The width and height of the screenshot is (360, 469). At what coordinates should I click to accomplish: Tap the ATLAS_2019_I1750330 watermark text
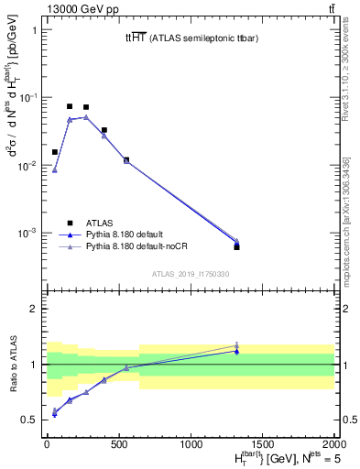pyautogui.click(x=190, y=274)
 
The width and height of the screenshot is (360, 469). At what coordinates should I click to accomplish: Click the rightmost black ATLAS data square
pyautogui.click(x=236, y=247)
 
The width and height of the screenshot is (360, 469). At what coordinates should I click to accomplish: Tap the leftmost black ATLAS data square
pyautogui.click(x=55, y=152)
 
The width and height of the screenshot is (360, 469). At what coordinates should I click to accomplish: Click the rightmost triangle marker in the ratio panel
pyautogui.click(x=236, y=346)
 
